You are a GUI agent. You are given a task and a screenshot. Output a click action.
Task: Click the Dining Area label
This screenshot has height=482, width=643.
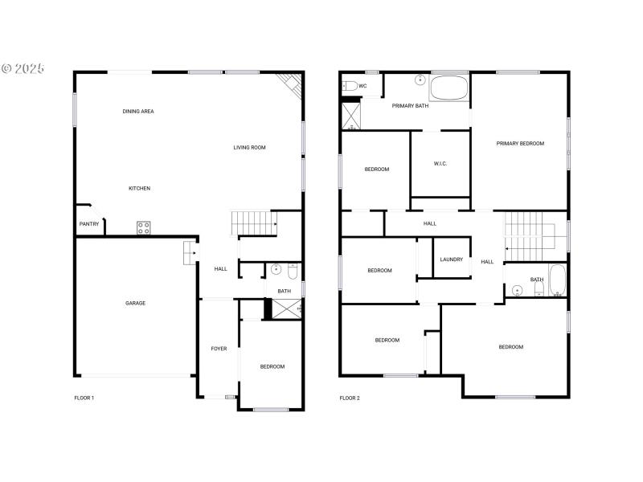138,112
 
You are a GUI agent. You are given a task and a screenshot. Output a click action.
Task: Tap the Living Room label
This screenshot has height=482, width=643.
249,148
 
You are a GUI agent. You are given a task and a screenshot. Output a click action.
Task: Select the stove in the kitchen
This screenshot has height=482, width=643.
144,227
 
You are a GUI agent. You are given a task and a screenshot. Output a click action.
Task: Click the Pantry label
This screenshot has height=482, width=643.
88,224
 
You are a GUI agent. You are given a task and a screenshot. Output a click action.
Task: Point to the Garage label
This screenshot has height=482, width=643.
135,303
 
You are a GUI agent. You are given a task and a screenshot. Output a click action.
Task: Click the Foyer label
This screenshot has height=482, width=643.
219,349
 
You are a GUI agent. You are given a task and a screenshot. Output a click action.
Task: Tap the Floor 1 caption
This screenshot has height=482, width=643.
84,398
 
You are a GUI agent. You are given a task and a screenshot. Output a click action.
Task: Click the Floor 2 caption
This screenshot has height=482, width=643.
349,398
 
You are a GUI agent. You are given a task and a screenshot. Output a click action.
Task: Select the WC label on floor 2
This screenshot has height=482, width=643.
362,86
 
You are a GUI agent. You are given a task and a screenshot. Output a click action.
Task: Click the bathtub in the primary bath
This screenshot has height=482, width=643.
449,88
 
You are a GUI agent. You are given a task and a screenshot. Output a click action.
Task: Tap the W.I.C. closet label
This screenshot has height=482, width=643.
440,164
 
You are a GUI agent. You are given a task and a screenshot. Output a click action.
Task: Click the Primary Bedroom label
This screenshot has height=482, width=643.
520,144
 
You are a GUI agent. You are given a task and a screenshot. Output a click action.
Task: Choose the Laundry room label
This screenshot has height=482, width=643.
451,259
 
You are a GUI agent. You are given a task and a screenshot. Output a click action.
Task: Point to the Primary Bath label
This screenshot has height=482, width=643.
410,106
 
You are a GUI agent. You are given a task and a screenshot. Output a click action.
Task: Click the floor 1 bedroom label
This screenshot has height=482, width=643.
272,367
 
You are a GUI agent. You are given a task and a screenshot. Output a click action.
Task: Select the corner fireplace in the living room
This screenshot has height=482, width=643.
289,84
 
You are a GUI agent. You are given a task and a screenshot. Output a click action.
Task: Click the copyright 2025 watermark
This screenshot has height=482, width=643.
23,68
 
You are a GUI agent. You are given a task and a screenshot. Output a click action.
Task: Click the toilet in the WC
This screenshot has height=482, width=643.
350,86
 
